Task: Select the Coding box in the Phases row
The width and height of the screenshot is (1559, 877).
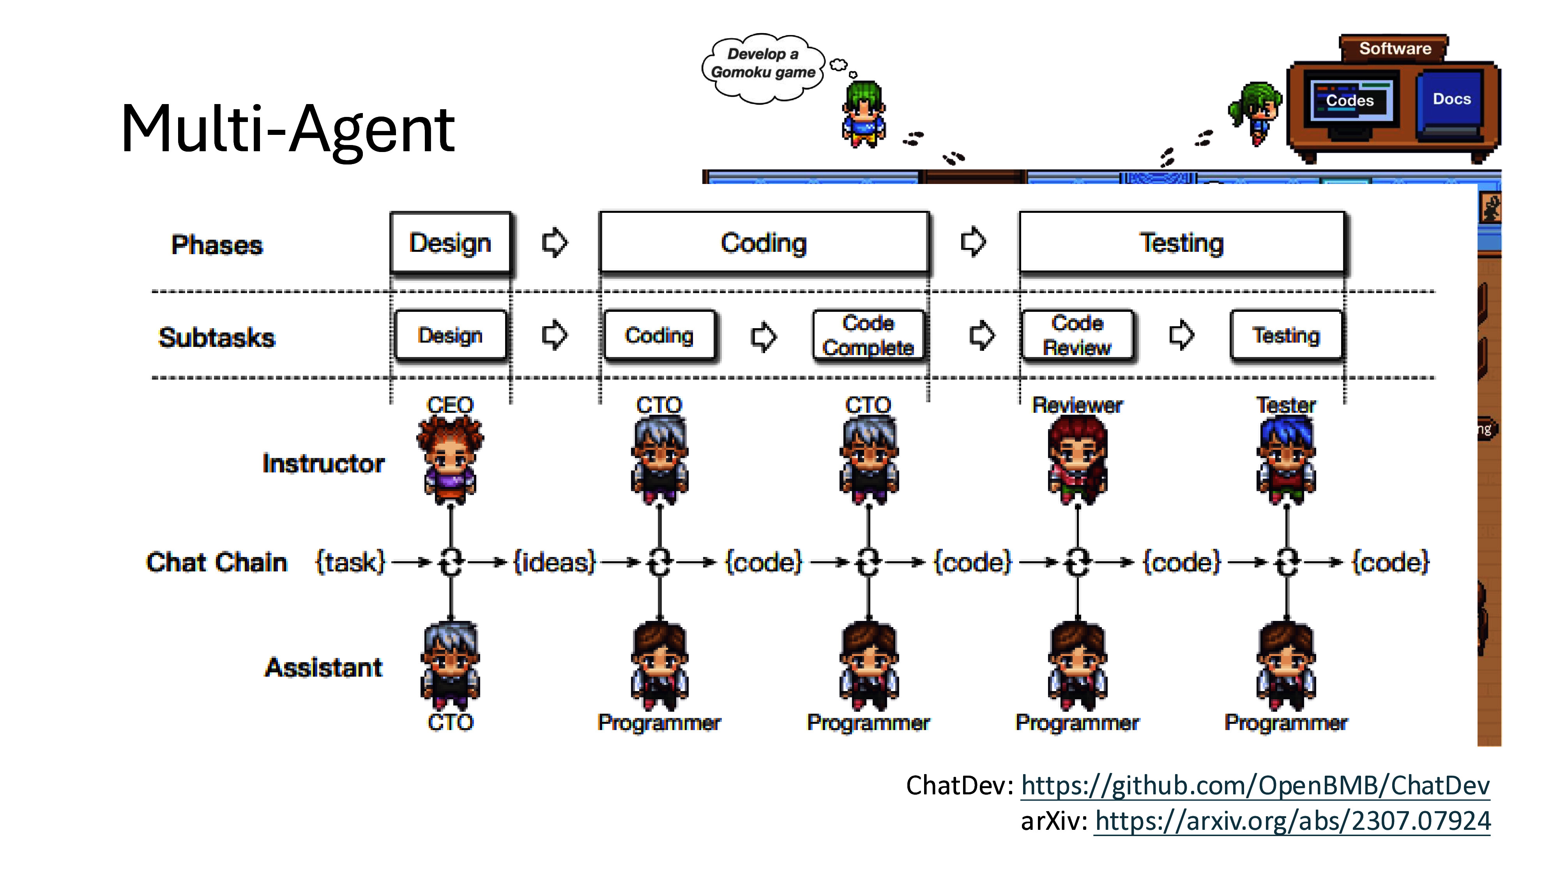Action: (x=764, y=243)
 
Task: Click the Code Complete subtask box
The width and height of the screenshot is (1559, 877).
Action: (x=868, y=335)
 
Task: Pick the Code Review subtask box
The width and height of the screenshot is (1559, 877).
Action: (x=1077, y=335)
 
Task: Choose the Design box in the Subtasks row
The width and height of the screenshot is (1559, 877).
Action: (x=450, y=335)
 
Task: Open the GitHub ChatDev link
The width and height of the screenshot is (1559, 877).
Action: (x=1255, y=786)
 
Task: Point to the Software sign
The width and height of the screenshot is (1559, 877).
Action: (x=1395, y=48)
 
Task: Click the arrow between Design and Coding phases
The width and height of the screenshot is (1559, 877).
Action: (x=554, y=243)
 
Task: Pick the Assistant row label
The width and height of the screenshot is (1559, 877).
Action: (x=324, y=667)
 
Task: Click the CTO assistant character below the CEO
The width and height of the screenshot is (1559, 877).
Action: (x=450, y=666)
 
